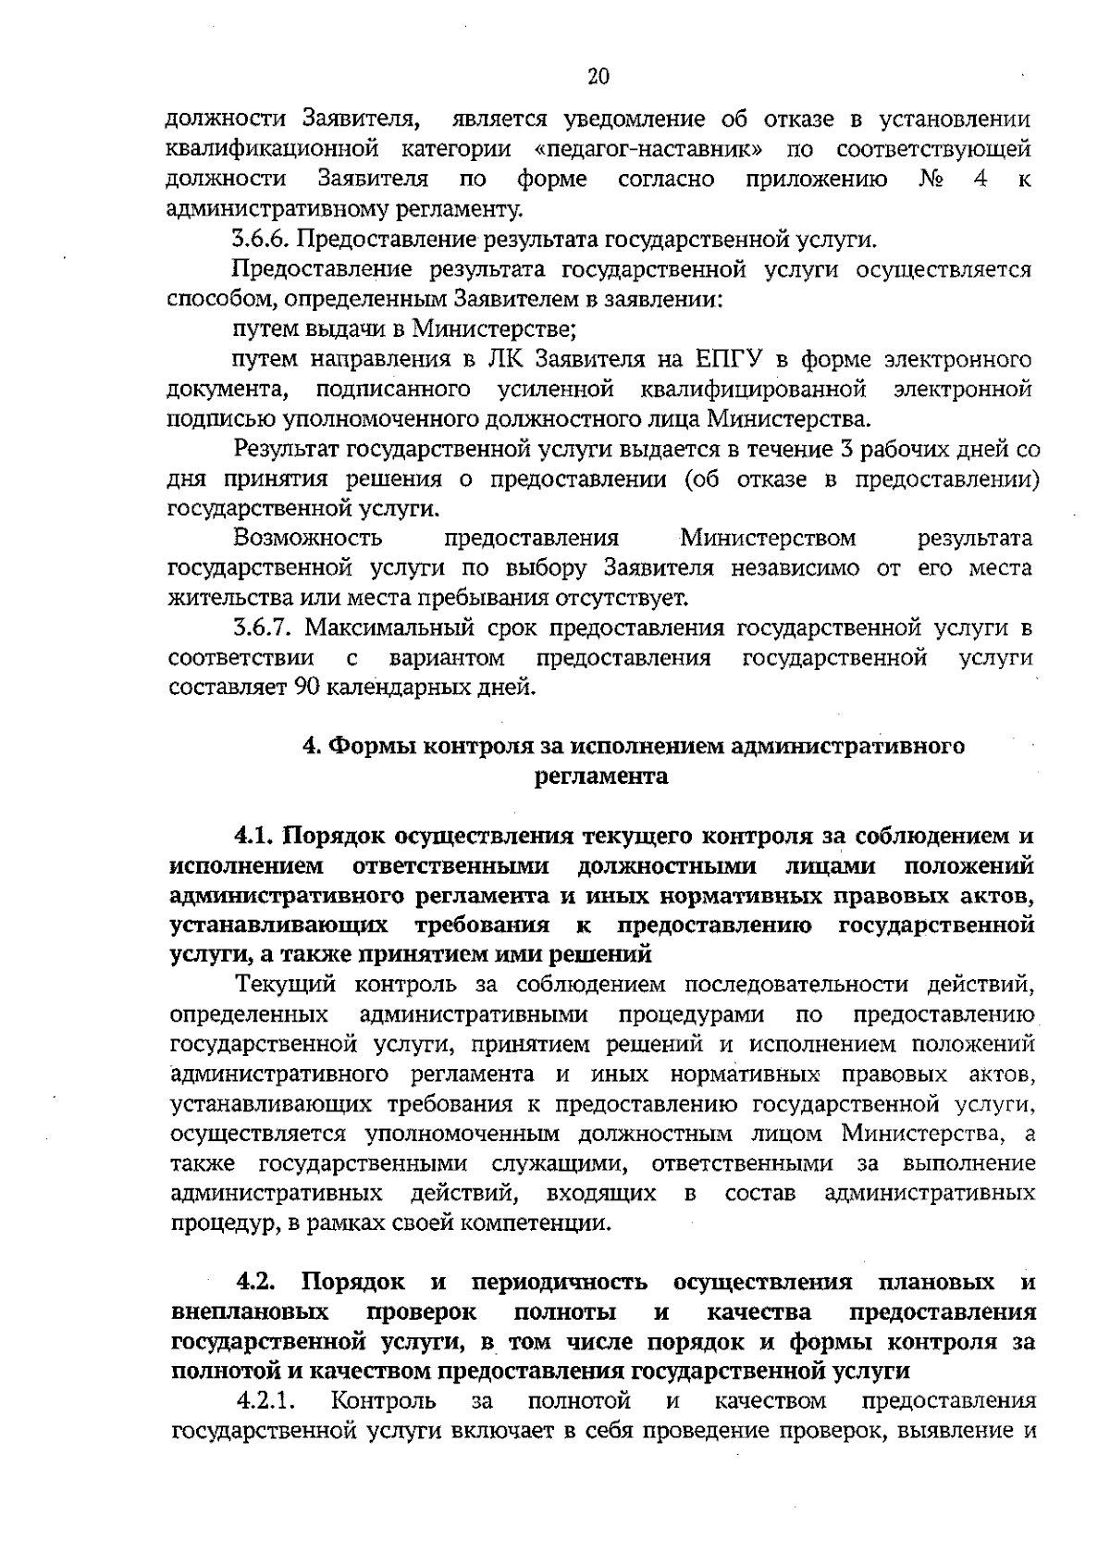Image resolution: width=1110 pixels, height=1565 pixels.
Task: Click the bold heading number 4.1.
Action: point(256,836)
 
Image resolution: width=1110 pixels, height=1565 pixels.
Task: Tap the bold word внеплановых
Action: point(252,1312)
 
